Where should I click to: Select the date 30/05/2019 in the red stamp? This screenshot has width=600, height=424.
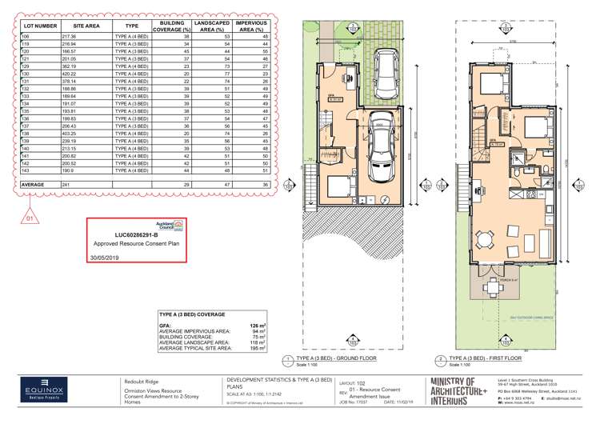coord(105,258)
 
